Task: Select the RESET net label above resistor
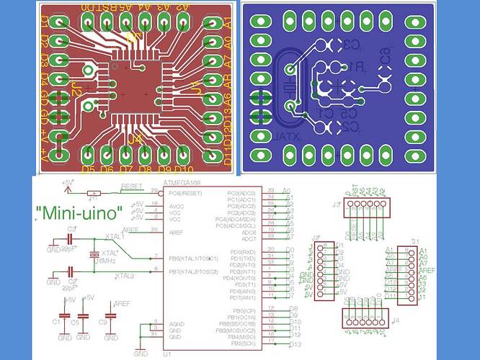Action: [x=131, y=186]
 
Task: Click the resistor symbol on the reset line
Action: [x=94, y=193]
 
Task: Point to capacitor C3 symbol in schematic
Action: [x=72, y=238]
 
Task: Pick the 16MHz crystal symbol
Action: [x=94, y=256]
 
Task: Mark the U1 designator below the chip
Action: [x=166, y=354]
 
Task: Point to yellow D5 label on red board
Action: [x=88, y=170]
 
